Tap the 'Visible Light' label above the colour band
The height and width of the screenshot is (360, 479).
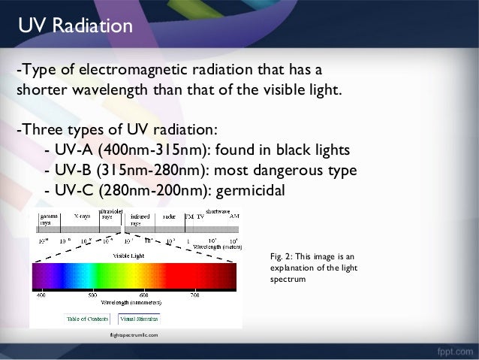129,256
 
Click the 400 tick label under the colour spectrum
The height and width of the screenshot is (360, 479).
41,295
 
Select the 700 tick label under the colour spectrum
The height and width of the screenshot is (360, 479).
194,295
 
